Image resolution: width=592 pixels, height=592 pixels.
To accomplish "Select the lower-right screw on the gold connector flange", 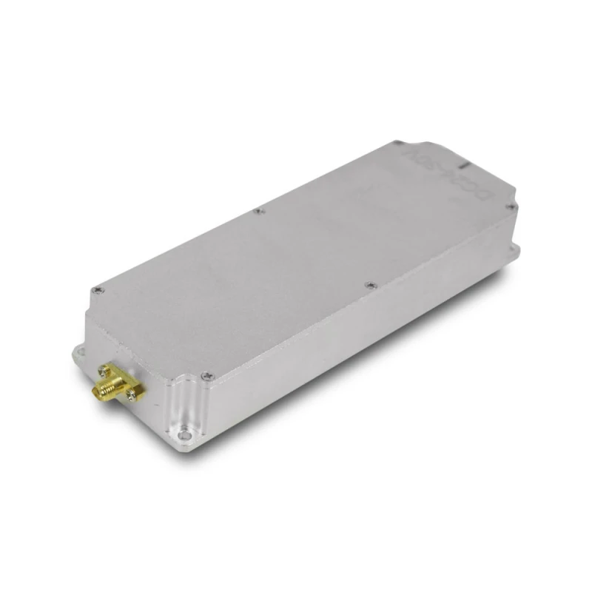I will (133, 396).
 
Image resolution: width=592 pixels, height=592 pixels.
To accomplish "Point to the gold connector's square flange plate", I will (122, 381).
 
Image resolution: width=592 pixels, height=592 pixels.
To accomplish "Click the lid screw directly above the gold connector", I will (95, 290).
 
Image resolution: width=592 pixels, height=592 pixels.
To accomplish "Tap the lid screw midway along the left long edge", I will (258, 211).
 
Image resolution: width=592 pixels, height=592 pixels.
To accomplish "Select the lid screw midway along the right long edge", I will (369, 282).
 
